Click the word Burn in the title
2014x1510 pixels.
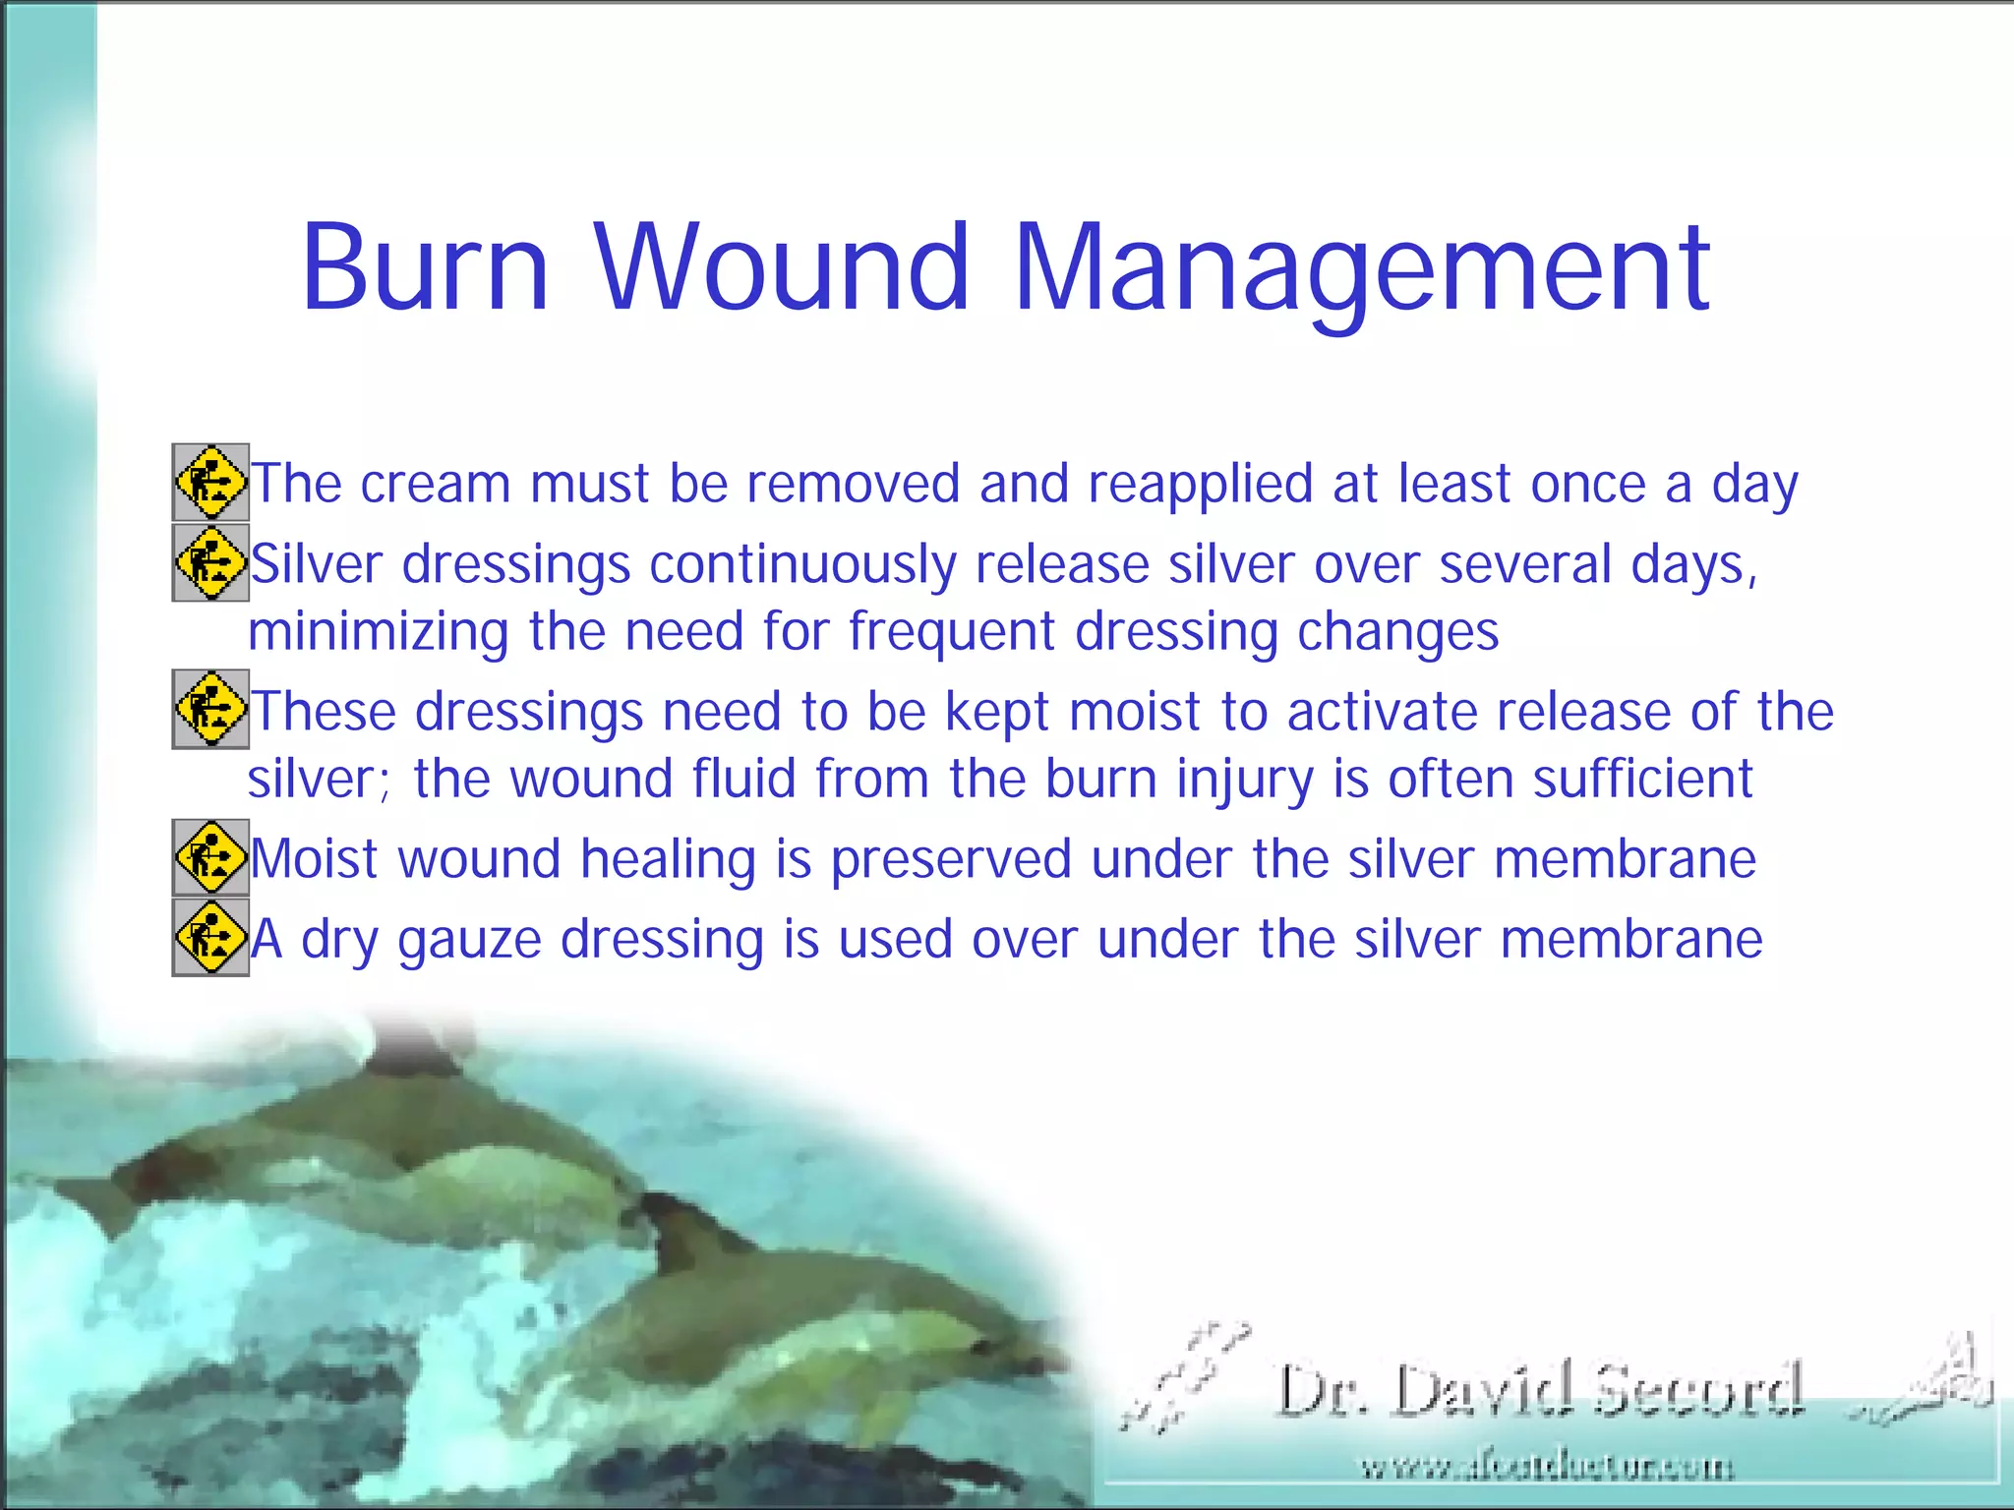click(425, 267)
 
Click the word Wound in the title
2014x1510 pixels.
click(782, 267)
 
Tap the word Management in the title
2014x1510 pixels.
click(1361, 267)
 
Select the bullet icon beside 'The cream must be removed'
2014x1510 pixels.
click(210, 483)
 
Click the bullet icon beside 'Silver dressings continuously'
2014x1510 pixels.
click(210, 562)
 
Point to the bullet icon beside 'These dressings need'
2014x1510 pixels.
click(210, 709)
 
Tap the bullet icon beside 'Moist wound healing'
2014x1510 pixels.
click(210, 857)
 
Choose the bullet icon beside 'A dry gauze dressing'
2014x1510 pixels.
click(210, 937)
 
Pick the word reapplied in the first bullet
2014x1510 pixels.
click(1200, 485)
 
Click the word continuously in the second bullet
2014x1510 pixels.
click(802, 566)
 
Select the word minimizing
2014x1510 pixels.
click(378, 632)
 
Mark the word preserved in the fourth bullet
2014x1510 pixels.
click(950, 860)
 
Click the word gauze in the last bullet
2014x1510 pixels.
click(469, 941)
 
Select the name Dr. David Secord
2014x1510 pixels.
click(1540, 1390)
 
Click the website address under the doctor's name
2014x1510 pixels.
click(1546, 1468)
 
